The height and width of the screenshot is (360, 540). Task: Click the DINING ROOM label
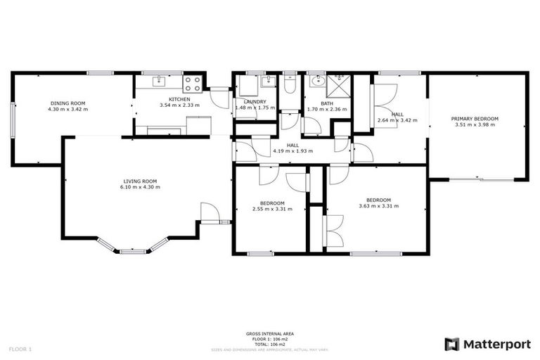click(x=67, y=103)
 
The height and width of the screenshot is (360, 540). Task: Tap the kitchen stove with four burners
click(x=192, y=84)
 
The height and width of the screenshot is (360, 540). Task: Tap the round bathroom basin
click(x=314, y=81)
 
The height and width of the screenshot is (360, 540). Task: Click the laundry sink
click(x=266, y=82)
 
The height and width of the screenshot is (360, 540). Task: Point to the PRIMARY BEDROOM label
click(x=475, y=119)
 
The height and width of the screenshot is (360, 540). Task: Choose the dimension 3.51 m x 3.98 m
click(x=475, y=125)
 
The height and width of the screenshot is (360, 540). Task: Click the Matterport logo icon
click(x=452, y=344)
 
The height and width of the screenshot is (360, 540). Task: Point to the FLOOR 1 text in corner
click(x=20, y=349)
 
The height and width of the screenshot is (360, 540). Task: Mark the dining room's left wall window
click(x=12, y=119)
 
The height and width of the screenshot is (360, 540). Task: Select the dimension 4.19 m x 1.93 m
click(x=293, y=150)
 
